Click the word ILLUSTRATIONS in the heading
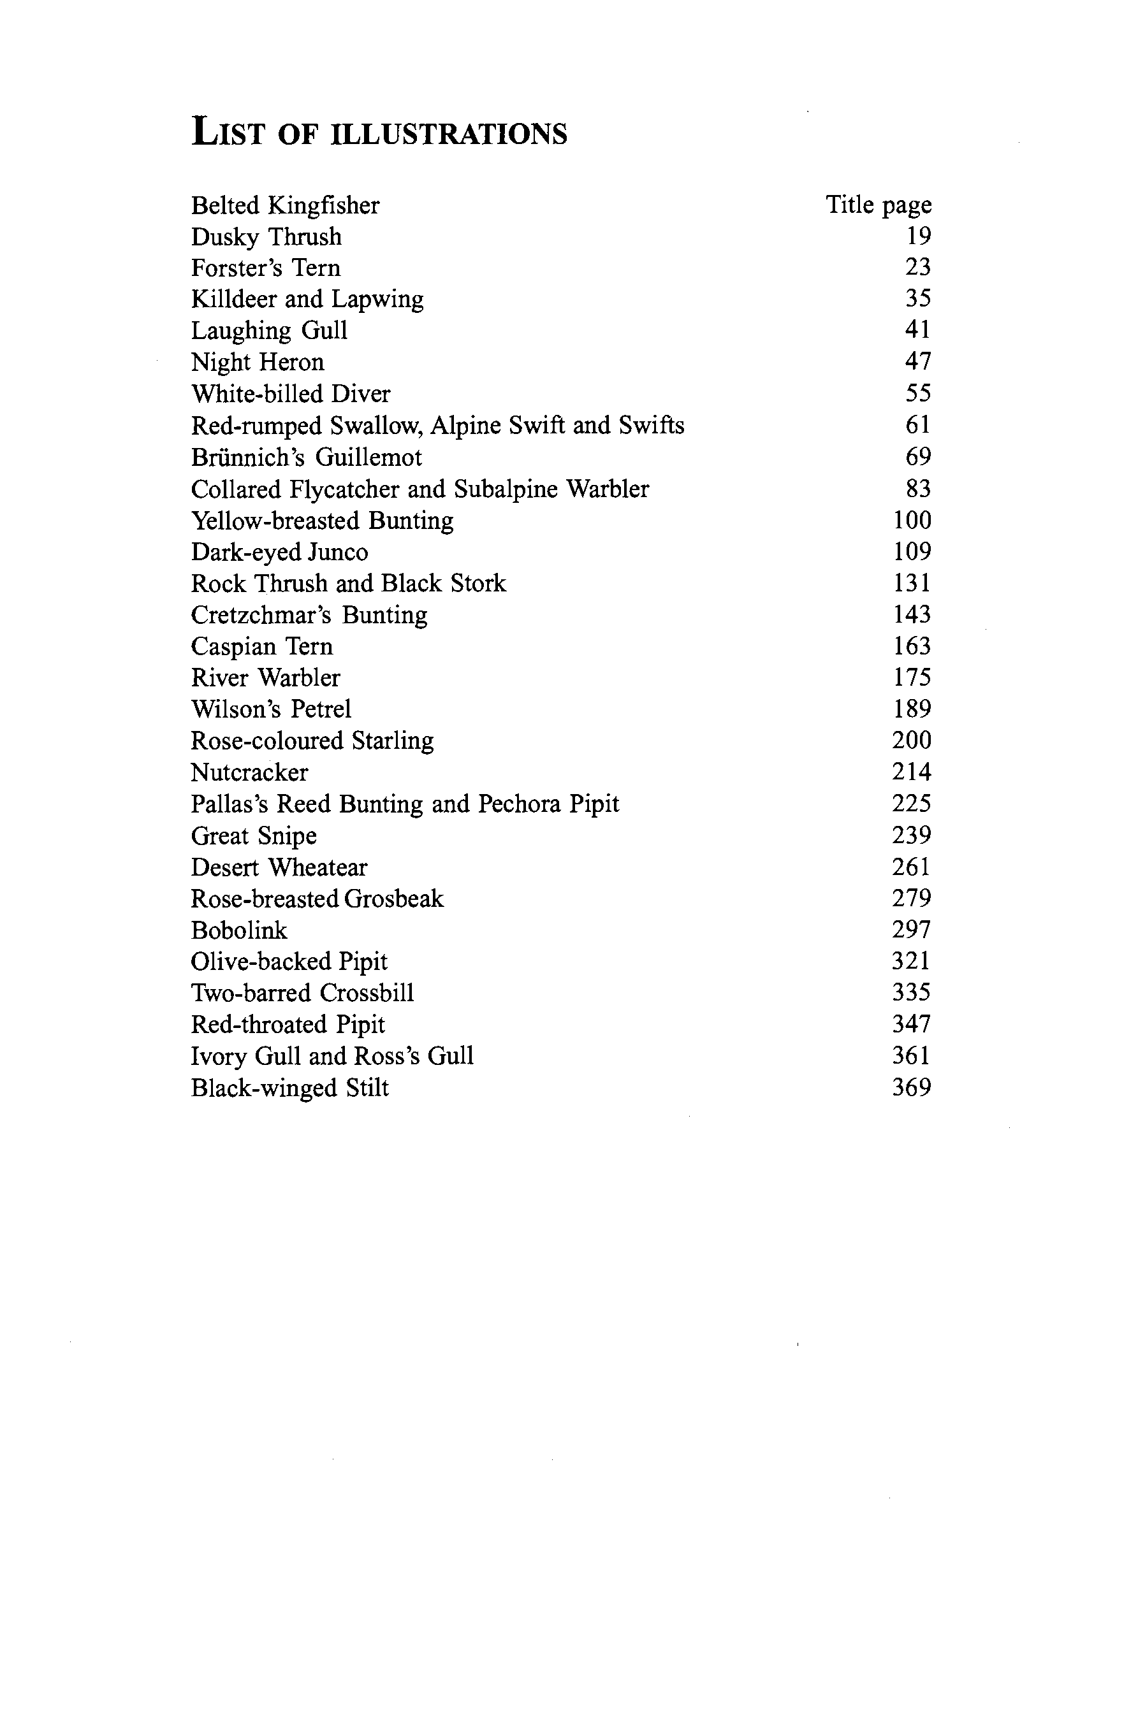pyautogui.click(x=448, y=135)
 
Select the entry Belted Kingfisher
pyautogui.click(x=285, y=206)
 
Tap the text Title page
pyautogui.click(x=878, y=205)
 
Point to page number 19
pyautogui.click(x=918, y=236)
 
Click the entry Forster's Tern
pyautogui.click(x=266, y=268)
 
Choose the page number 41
pyautogui.click(x=918, y=330)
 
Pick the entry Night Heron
pyautogui.click(x=257, y=362)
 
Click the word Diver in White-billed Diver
pyautogui.click(x=361, y=394)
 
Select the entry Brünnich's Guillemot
pyautogui.click(x=306, y=458)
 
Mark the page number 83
pyautogui.click(x=918, y=488)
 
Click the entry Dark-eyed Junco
pyautogui.click(x=279, y=552)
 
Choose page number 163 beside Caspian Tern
pyautogui.click(x=911, y=646)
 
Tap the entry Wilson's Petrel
pyautogui.click(x=271, y=709)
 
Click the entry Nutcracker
pyautogui.click(x=249, y=772)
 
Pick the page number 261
pyautogui.click(x=911, y=867)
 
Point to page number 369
pyautogui.click(x=911, y=1088)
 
